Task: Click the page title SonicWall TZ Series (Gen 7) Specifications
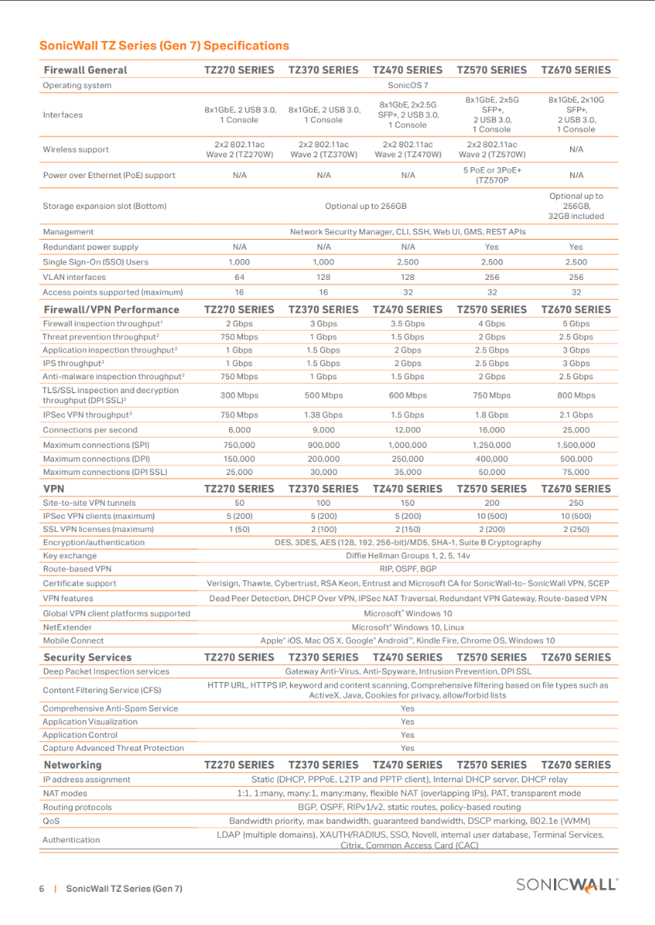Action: (164, 45)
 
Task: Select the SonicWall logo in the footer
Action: (567, 885)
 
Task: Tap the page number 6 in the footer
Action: (42, 888)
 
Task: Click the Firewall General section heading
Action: (86, 70)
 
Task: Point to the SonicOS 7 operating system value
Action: (407, 86)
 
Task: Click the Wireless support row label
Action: (76, 150)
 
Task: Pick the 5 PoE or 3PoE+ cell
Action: (491, 175)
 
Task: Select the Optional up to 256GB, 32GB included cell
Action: (576, 206)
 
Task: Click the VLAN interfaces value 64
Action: (239, 277)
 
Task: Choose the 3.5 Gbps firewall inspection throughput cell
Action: (407, 324)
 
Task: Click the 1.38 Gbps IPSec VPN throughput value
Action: (323, 415)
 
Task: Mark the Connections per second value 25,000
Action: (576, 430)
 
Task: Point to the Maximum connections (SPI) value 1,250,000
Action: (491, 445)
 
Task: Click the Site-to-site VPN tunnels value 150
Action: (407, 503)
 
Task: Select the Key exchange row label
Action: (69, 556)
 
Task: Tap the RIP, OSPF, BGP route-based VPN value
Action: (407, 569)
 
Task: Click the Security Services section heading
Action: (87, 658)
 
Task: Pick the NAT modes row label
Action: (65, 793)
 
